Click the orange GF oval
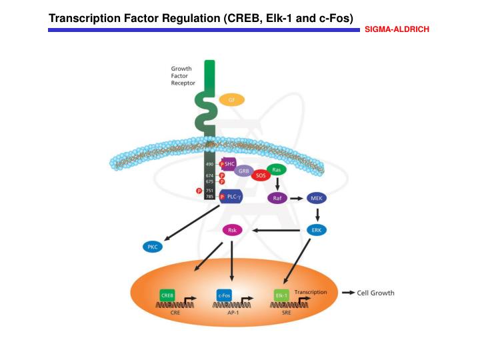coord(232,99)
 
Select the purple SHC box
coord(230,163)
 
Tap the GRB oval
coord(244,171)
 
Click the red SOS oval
coord(261,175)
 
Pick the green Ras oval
coord(276,170)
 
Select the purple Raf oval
coord(277,198)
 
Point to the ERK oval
coord(317,230)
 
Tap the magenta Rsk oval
coord(232,230)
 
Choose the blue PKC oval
coord(152,247)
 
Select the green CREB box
coord(167,294)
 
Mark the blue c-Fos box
coord(224,294)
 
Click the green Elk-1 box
coord(282,294)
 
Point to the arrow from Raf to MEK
coord(297,198)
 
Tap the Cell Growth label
coord(376,293)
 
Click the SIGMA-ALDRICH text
coord(397,30)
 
